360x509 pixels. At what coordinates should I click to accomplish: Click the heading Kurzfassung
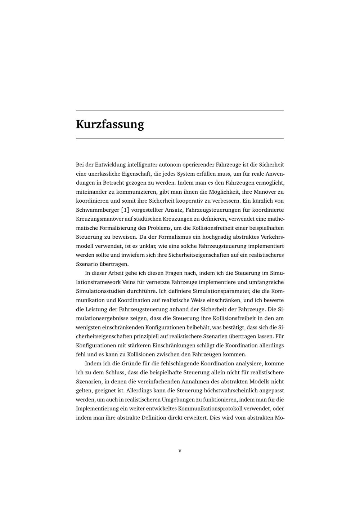point(110,124)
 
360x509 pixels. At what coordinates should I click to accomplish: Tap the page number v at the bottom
point(180,451)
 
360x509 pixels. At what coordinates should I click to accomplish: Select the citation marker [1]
point(125,210)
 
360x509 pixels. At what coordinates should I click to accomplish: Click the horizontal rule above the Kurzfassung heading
point(180,111)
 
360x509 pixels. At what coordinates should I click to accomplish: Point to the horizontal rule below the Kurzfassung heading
point(180,138)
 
